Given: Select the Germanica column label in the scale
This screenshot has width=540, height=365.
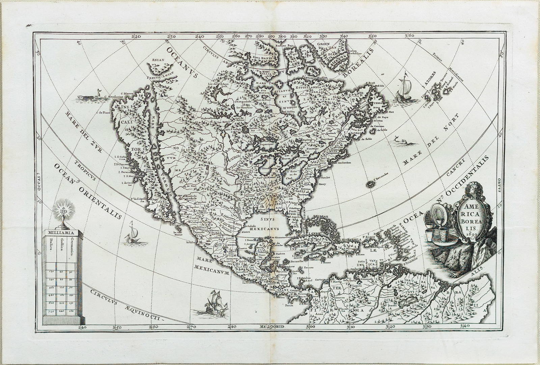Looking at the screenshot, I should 72,248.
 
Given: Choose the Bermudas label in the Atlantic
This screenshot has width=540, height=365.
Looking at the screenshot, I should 380,174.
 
